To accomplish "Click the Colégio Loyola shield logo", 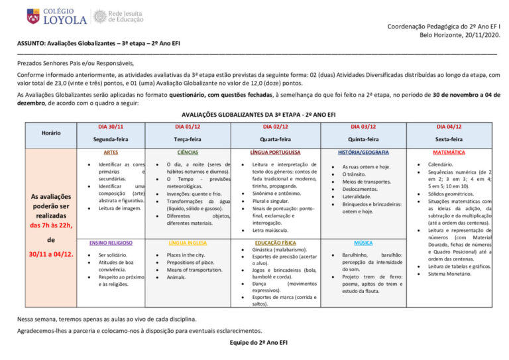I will [32, 16].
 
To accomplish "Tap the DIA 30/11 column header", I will [111, 126].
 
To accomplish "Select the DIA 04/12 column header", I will [449, 126].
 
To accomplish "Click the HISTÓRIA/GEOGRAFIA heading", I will [363, 152].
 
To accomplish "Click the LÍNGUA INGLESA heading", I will [188, 243].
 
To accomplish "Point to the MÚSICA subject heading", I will [363, 243].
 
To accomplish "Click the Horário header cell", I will [51, 133].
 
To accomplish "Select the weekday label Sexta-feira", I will [449, 139].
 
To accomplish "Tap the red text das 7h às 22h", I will [51, 225].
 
